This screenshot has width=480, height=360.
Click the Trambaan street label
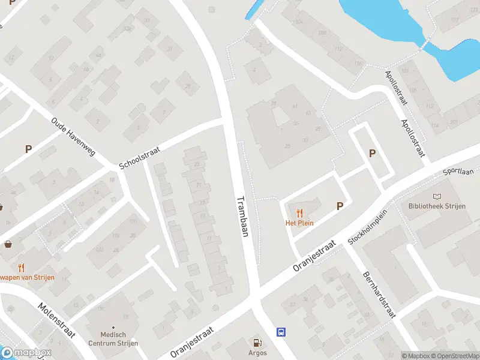242,217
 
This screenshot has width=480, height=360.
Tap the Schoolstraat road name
139,156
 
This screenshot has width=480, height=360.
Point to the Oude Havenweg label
74,137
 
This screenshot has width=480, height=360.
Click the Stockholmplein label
368,228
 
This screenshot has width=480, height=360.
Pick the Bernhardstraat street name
380,295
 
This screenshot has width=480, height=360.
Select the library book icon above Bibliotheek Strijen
437,196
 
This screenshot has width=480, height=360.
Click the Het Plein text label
299,223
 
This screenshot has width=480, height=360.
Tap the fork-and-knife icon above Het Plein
299,212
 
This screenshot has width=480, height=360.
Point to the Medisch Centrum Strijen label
113,339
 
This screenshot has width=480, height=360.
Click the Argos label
257,353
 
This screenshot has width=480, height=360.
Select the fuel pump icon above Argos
257,343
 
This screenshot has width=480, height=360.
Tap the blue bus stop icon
280,332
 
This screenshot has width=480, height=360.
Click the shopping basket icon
8,244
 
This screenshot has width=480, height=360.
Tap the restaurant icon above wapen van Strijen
22,268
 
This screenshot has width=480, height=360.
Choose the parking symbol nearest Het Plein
340,206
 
